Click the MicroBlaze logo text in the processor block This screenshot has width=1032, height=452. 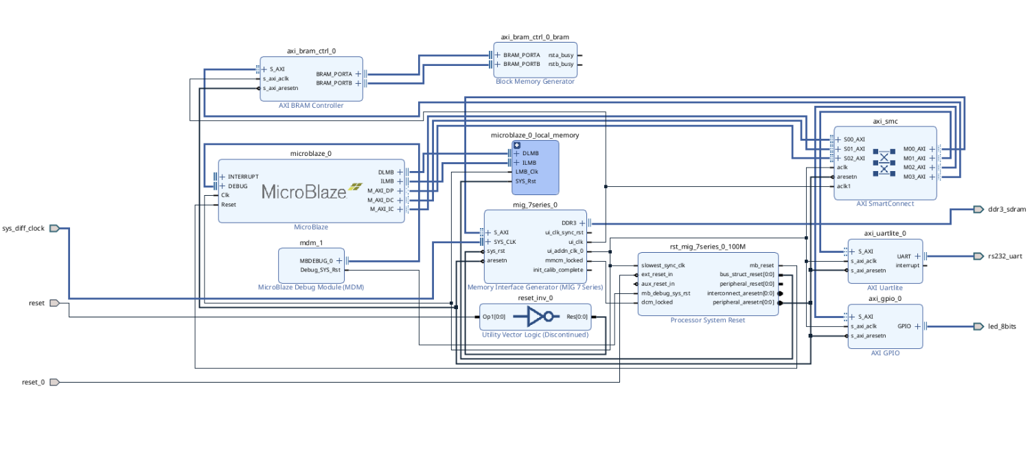tap(304, 192)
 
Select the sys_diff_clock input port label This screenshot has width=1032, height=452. tap(23, 228)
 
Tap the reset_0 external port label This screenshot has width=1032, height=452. tap(33, 382)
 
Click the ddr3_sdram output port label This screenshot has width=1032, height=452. tap(1007, 210)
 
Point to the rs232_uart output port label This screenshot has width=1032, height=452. tap(1005, 256)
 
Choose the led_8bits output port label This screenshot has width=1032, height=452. tap(1002, 326)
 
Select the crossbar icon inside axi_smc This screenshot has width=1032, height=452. tap(884, 162)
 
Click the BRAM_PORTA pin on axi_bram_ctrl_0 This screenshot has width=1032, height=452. tap(334, 74)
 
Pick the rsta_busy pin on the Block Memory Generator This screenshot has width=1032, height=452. tap(560, 55)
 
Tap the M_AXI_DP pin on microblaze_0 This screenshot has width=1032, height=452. tap(380, 190)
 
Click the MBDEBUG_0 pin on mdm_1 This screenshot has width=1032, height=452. tap(316, 260)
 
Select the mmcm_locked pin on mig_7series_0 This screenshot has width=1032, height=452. tap(564, 260)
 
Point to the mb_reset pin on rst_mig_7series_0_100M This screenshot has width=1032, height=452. tap(761, 265)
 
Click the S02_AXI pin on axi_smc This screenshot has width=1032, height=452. tap(854, 158)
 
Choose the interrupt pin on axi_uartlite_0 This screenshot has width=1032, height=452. tap(907, 265)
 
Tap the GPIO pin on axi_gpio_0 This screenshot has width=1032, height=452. tap(904, 326)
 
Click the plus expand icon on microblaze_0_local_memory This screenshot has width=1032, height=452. tap(516, 144)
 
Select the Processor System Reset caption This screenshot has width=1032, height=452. tap(707, 320)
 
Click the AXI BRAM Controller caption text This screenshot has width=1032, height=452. tap(311, 105)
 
